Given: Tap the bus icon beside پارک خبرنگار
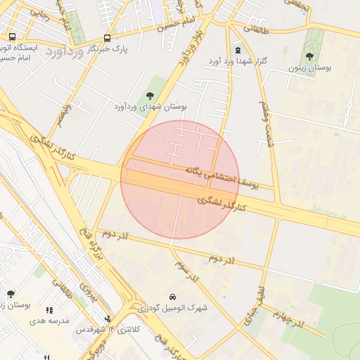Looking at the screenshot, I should pyautogui.click(x=107, y=39).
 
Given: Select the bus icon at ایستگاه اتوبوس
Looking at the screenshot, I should pyautogui.click(x=13, y=37).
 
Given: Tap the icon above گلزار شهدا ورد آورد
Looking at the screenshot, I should pyautogui.click(x=238, y=50).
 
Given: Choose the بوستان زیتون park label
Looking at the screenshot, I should pyautogui.click(x=309, y=69).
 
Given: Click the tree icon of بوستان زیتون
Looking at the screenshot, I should pyautogui.click(x=309, y=56).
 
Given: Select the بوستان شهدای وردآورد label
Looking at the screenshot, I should pyautogui.click(x=150, y=106).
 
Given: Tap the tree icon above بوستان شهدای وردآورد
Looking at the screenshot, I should pyautogui.click(x=149, y=94).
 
